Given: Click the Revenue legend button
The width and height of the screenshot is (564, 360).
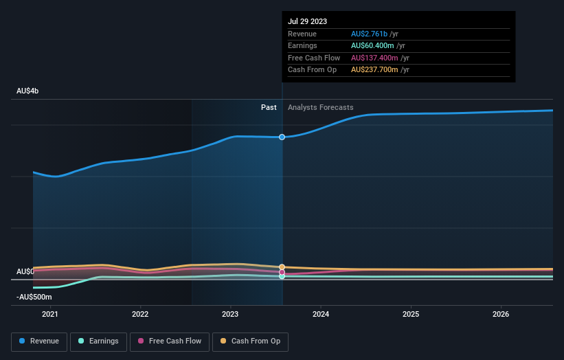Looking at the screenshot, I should click(x=39, y=341).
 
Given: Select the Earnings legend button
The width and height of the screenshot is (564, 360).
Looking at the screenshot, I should click(x=98, y=341).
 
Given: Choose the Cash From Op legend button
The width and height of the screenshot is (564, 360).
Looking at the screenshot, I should click(x=251, y=341).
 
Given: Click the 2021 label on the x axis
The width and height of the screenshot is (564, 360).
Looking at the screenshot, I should click(x=50, y=315).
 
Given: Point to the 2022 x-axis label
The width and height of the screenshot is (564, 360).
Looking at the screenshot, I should click(x=140, y=315).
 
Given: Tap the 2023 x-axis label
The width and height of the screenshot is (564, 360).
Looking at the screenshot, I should click(x=230, y=315).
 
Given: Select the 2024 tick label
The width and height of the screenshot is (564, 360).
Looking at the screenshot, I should click(x=321, y=315).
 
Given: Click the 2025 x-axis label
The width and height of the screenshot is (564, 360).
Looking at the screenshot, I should click(x=411, y=315).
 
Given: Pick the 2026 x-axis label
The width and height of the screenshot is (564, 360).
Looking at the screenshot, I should click(x=501, y=315).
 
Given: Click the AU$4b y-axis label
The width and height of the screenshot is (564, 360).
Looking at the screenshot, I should click(x=32, y=91).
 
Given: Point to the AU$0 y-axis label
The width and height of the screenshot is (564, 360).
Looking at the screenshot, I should click(x=25, y=271).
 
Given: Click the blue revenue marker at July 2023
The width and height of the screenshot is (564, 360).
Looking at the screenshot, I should click(x=282, y=137).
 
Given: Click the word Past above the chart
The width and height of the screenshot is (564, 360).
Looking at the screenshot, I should click(x=269, y=107).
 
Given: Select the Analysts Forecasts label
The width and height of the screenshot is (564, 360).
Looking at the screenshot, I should click(x=321, y=107).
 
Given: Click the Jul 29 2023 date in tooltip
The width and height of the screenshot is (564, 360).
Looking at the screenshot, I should click(x=308, y=21).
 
